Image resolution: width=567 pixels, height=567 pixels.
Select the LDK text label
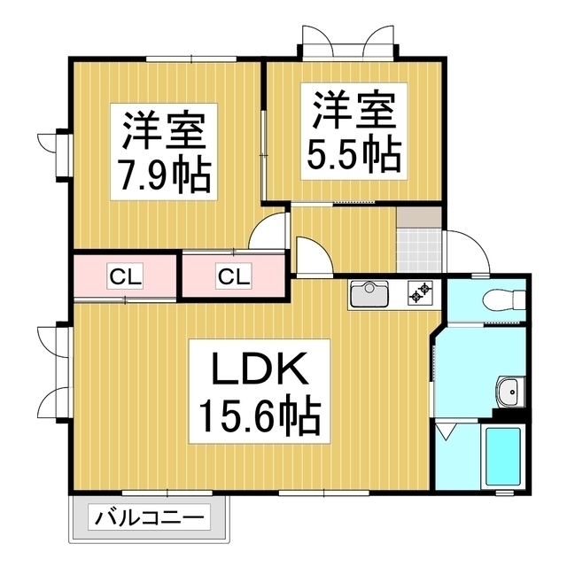[x=260, y=369]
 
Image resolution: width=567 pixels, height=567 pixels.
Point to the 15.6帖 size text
[x=260, y=415]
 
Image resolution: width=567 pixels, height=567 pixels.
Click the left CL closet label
[x=125, y=277]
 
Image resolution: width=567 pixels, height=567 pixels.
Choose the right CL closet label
[x=234, y=277]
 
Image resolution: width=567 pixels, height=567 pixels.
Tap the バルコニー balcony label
[x=149, y=517]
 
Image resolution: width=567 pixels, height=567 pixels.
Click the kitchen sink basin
[x=369, y=293]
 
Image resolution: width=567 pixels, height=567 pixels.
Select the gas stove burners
[x=421, y=293]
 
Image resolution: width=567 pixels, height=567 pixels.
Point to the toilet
[x=504, y=299]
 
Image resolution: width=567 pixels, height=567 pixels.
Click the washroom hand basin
[x=510, y=392]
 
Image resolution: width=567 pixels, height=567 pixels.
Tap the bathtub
[x=502, y=456]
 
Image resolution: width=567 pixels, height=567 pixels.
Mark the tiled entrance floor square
[x=419, y=250]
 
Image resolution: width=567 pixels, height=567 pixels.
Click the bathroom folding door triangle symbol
[x=447, y=432]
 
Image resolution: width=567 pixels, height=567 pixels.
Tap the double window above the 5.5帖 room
[x=348, y=43]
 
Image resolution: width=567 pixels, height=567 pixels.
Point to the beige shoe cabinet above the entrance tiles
[x=419, y=217]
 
